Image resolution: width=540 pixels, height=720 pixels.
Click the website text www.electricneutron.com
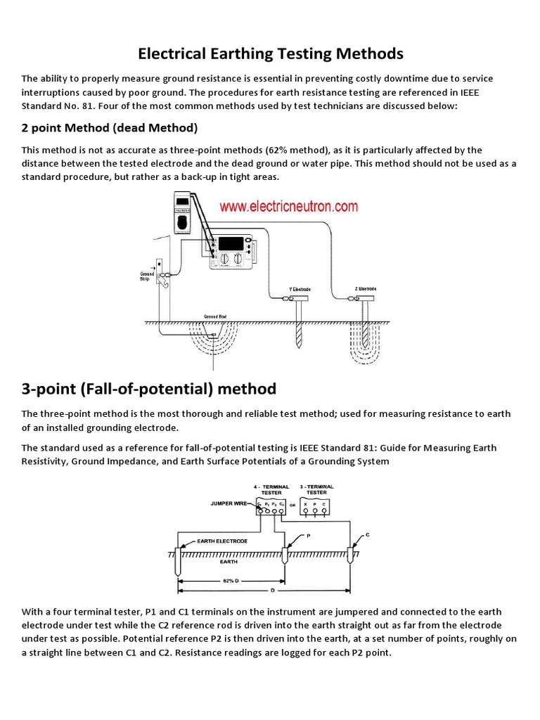(x=288, y=207)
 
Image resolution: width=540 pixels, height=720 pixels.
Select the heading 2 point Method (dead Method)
(x=110, y=128)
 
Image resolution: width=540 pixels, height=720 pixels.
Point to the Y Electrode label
(x=300, y=290)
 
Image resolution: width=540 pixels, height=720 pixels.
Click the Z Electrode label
(x=366, y=289)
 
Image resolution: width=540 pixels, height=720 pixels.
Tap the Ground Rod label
(x=214, y=317)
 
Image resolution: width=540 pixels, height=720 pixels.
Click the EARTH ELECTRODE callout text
(x=222, y=541)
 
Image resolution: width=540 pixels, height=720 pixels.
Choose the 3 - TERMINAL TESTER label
(x=316, y=489)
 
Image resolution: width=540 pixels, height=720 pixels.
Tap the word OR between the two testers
(x=292, y=505)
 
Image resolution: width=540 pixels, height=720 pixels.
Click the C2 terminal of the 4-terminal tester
(x=282, y=504)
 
